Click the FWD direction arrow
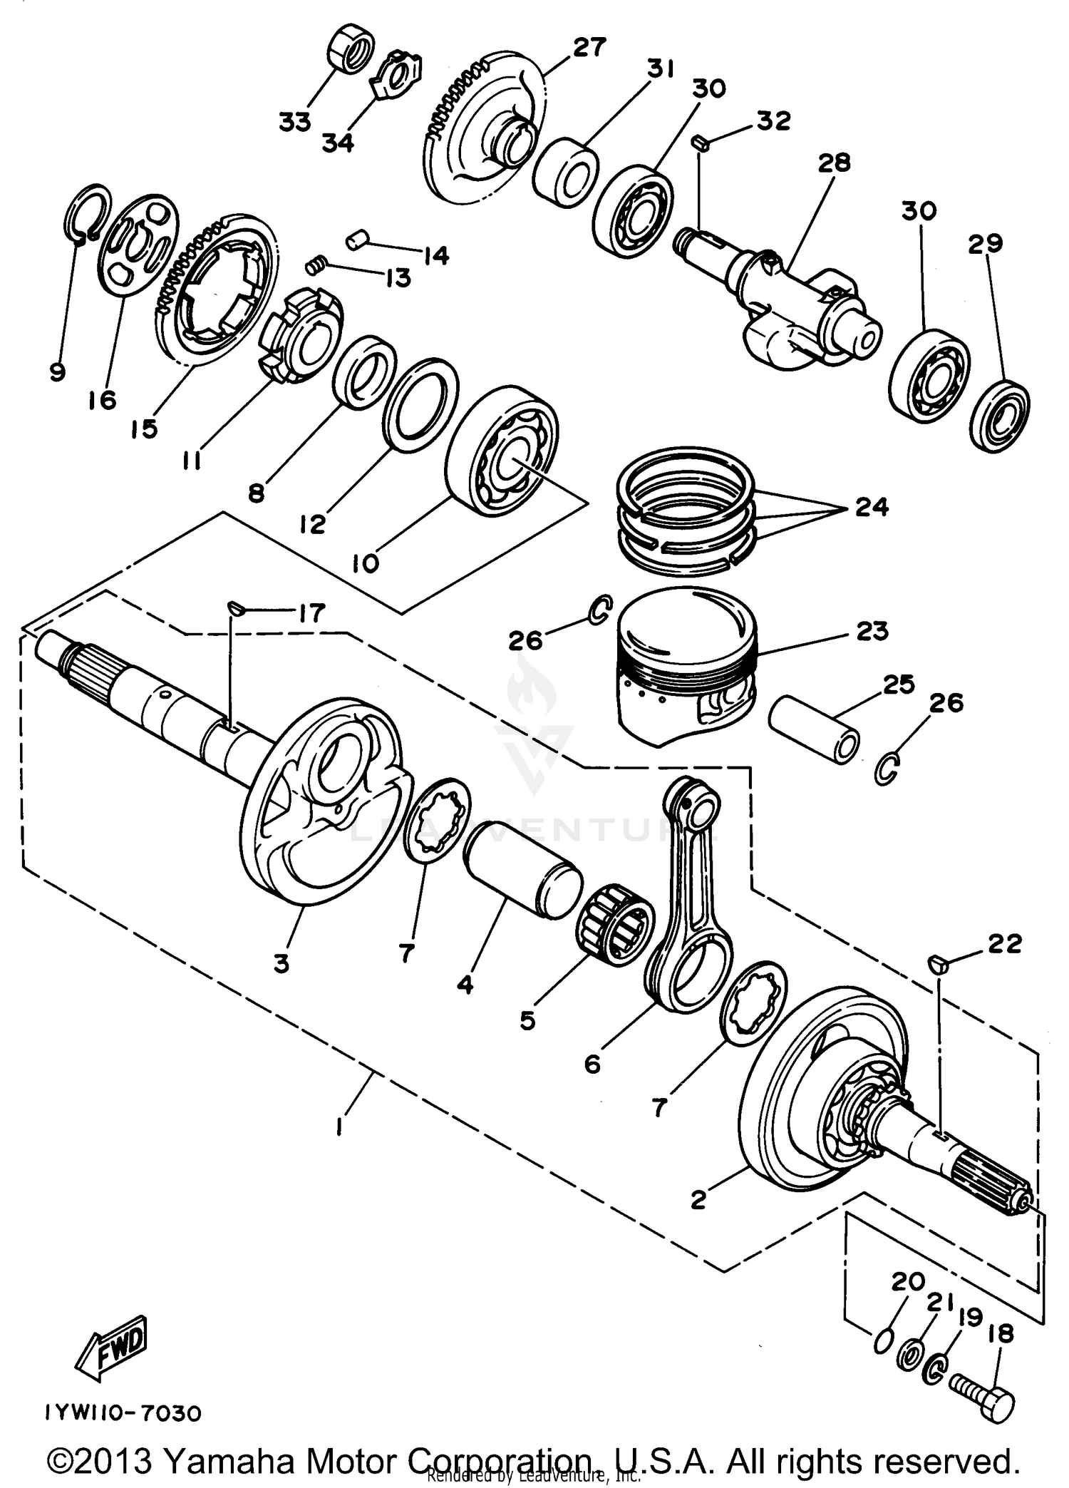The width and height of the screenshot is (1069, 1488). pos(115,1346)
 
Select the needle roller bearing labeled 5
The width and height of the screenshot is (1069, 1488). pos(614,927)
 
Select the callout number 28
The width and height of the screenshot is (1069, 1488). pos(835,163)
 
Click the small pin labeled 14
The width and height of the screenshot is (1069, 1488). pos(356,239)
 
